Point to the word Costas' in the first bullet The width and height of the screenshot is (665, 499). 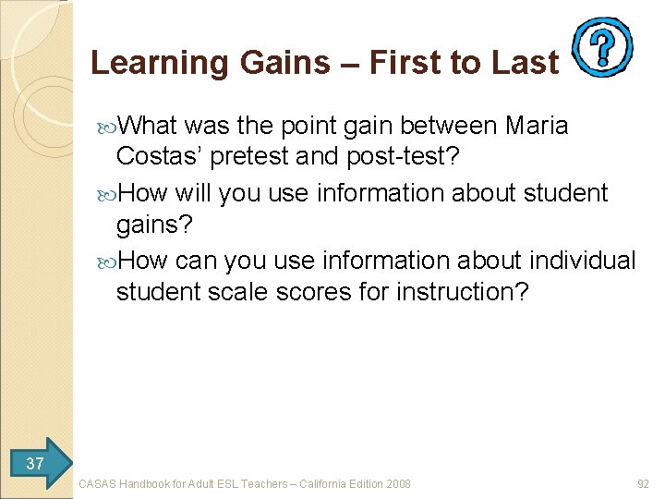[160, 156]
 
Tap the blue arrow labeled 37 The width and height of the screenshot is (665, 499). [37, 462]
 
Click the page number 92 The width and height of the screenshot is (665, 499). [643, 483]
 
